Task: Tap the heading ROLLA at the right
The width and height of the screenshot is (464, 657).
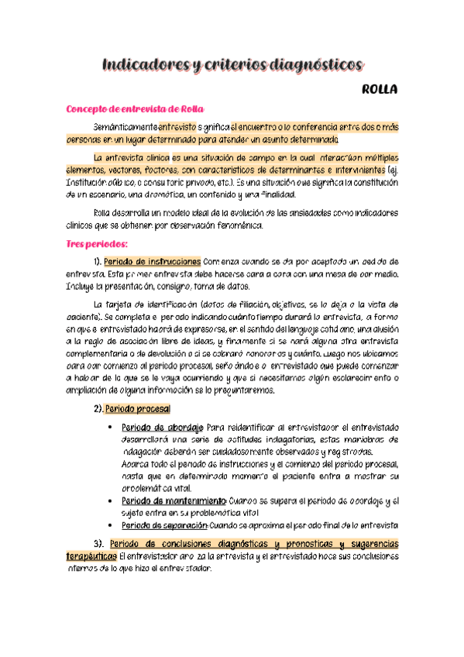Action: pos(380,90)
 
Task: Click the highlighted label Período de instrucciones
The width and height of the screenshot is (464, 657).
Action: pos(152,261)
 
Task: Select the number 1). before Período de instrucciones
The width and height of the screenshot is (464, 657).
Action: pos(97,261)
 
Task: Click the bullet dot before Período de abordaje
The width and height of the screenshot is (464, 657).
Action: pos(112,427)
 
